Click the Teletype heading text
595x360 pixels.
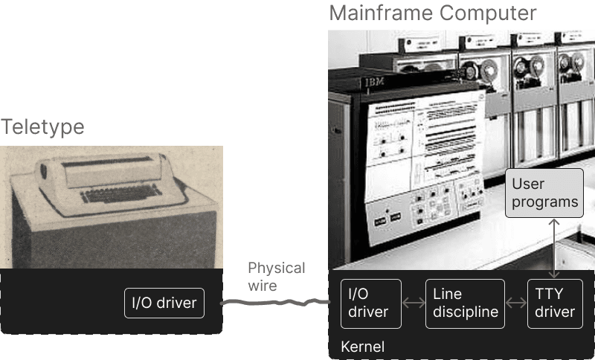tap(42, 127)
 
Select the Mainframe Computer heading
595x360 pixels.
tap(432, 13)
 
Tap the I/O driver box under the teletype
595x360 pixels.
tap(164, 303)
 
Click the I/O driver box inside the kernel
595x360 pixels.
tap(370, 303)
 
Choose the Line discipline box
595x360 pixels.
tap(465, 303)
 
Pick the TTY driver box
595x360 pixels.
tap(555, 303)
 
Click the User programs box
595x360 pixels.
tap(544, 193)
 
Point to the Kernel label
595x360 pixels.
tap(362, 347)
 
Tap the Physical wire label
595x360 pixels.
tap(276, 277)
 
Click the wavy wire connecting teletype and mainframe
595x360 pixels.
tap(275, 302)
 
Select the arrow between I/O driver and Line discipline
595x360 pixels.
tap(413, 303)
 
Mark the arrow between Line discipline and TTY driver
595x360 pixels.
tap(515, 303)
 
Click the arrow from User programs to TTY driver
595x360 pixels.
tap(554, 248)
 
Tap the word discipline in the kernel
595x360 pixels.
tap(465, 312)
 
